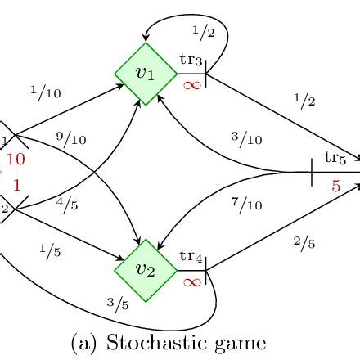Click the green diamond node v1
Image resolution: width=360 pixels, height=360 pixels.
pos(146,74)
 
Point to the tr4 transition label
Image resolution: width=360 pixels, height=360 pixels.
pos(191,257)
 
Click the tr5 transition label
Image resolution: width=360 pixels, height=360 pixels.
pos(335,156)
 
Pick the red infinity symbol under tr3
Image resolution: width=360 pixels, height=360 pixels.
pos(192,84)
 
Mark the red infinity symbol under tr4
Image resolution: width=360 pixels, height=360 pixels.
pos(192,281)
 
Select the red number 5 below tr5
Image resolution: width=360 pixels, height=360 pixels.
pos(335,187)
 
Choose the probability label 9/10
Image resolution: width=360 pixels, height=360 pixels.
pos(71,140)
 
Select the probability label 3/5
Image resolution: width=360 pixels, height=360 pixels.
pos(119,304)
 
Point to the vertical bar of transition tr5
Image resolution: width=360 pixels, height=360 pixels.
pos(313,173)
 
